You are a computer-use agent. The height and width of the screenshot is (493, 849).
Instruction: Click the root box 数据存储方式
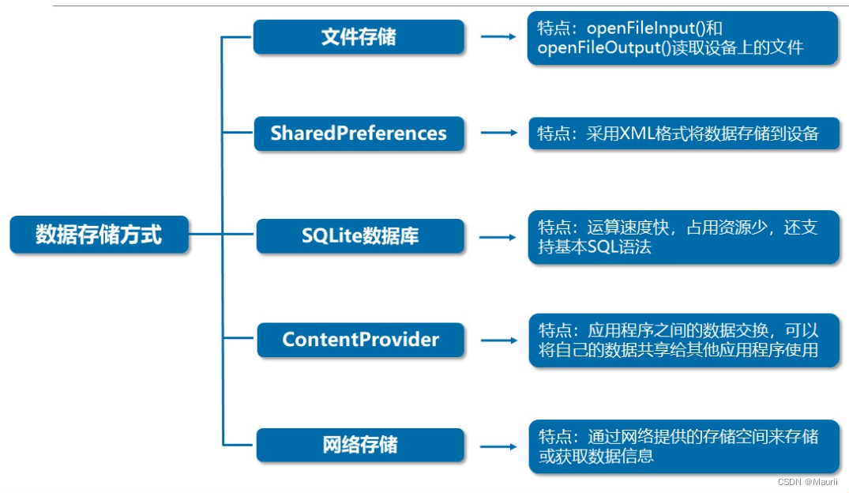99,235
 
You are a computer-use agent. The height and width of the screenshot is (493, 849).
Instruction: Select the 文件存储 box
359,37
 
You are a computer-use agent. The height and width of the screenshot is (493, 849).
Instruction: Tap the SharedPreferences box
359,134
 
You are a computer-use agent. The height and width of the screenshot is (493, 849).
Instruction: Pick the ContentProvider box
360,340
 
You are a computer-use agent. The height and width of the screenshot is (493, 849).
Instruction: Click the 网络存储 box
360,445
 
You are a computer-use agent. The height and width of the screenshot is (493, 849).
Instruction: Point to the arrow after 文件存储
498,37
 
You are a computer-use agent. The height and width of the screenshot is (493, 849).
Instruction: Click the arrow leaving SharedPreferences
498,134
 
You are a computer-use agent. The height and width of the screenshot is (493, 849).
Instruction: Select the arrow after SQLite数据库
498,236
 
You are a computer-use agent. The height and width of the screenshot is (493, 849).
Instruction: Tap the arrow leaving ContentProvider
498,341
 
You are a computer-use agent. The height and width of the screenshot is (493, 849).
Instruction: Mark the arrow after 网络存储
498,445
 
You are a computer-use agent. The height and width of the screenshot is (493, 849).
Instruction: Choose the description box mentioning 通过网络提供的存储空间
684,446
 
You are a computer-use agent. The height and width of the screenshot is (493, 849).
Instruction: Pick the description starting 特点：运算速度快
684,237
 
